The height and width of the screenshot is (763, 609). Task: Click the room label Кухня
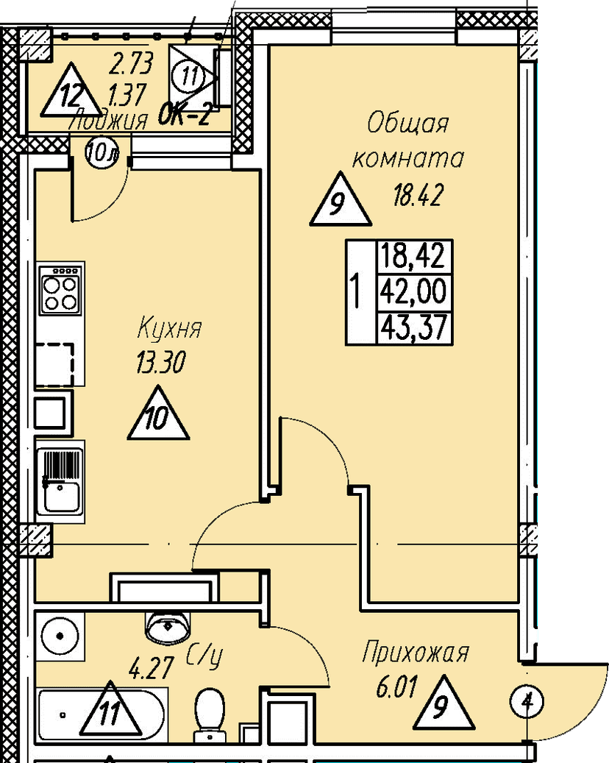168,328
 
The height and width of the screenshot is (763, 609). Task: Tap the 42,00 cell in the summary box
413,293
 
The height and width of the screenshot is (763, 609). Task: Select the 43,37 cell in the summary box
413,327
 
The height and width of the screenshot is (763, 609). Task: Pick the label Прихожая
416,653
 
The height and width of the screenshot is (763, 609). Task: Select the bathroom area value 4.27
151,670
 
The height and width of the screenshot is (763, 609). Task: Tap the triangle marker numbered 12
70,93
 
